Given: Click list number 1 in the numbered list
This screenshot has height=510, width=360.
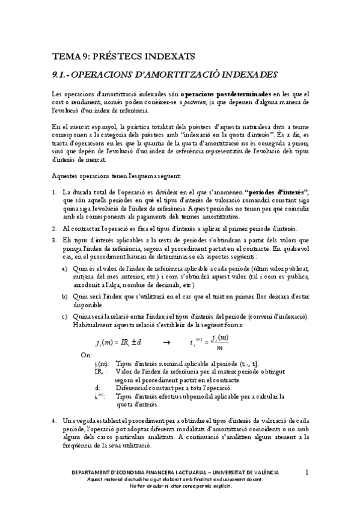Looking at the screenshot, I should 54,192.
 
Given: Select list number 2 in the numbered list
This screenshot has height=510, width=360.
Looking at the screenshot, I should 54,229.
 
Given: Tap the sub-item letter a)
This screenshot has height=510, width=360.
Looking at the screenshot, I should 65,268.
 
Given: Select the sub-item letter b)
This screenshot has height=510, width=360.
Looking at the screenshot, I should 65,296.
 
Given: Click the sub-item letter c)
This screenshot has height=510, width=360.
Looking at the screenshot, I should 65,316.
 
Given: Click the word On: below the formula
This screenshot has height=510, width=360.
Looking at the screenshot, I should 86,355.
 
